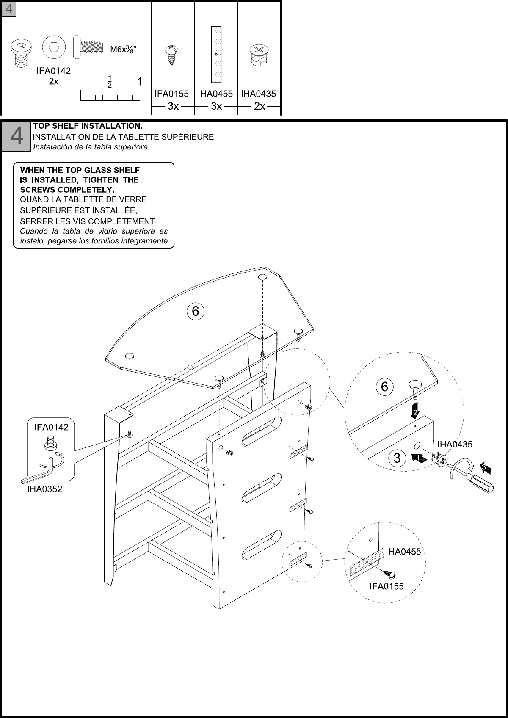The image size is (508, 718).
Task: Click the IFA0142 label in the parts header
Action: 53,71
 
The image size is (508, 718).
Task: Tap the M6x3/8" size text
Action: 123,49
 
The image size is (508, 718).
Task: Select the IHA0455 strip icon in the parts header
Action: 216,54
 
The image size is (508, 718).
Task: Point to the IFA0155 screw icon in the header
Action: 172,55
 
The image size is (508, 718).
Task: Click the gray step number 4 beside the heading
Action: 17,136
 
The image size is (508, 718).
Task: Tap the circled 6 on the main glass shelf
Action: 196,311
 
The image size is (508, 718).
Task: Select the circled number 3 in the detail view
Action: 397,458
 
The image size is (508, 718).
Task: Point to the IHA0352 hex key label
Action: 44,489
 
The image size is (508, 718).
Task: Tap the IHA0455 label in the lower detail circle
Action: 403,551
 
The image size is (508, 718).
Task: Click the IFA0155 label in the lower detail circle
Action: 387,586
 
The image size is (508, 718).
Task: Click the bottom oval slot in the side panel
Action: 261,543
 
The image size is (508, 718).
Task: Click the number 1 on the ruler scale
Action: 139,81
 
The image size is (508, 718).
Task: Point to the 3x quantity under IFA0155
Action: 173,107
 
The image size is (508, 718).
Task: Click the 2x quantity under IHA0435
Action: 260,107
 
